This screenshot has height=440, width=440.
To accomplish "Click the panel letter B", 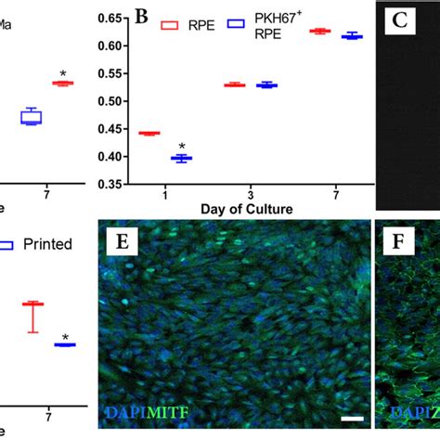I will (x=142, y=17).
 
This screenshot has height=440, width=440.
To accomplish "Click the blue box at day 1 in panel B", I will (x=182, y=159).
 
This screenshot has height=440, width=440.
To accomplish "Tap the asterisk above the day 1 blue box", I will (x=182, y=147).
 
